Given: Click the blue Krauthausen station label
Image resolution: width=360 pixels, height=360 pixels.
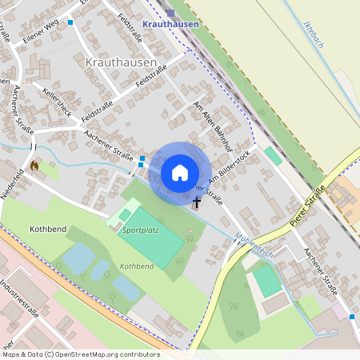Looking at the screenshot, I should tap(170, 25).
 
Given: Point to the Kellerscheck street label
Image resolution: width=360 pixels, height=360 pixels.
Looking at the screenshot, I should tap(57, 102).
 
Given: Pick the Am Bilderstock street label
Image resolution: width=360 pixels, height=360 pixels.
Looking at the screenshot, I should tap(233, 166).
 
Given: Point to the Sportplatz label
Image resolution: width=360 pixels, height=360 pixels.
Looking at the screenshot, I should tap(141, 230).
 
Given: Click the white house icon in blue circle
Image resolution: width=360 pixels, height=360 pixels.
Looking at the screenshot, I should tap(180, 173).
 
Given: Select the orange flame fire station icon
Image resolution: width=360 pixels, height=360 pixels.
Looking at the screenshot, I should tap(34, 166).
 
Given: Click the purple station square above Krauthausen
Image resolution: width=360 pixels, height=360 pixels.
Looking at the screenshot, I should tap(171, 12).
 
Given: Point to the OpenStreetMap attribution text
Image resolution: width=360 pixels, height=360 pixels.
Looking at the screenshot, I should tap(80, 354).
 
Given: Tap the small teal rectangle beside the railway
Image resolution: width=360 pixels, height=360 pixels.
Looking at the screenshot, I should tap(273, 155).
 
